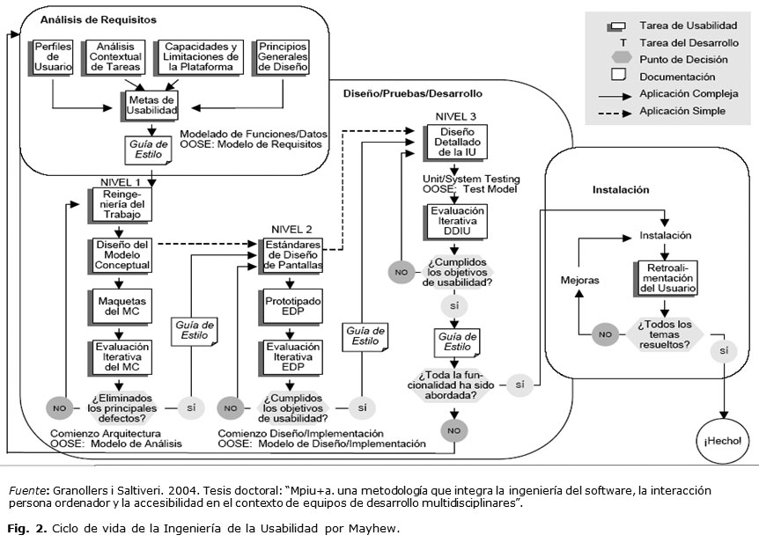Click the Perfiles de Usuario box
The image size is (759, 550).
tap(54, 56)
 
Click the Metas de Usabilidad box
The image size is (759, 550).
tap(151, 103)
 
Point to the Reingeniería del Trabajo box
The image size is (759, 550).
tap(121, 204)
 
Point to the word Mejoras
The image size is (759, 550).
tap(579, 280)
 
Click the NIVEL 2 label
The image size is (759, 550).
tap(290, 227)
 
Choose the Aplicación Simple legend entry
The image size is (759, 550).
tap(682, 112)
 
